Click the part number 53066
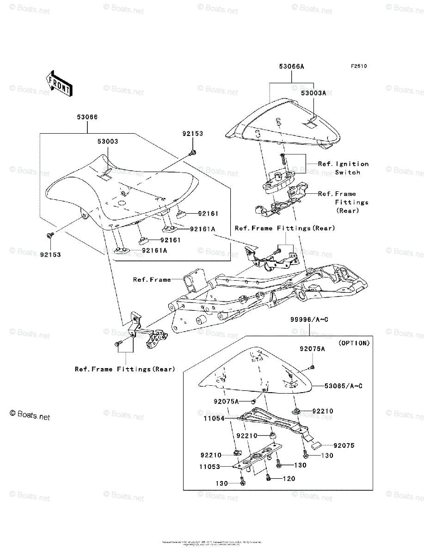(x=87, y=117)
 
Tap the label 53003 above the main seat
(x=107, y=141)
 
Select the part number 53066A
(x=291, y=67)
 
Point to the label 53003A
(x=313, y=93)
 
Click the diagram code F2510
(x=358, y=67)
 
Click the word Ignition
(x=352, y=164)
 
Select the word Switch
(x=348, y=172)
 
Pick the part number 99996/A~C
(x=309, y=320)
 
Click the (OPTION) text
(x=354, y=343)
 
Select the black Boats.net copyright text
(x=30, y=416)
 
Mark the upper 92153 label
(x=192, y=134)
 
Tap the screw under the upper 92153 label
(x=193, y=152)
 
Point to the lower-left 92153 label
(x=50, y=254)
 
